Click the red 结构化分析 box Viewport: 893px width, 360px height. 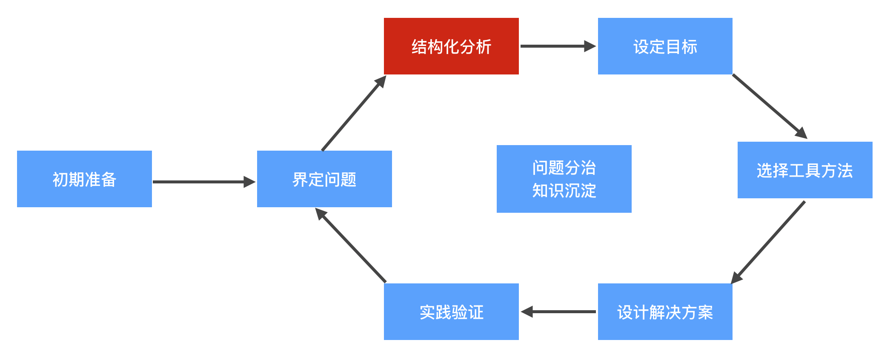point(451,46)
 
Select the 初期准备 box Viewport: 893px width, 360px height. point(84,179)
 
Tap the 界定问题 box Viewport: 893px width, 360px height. point(324,179)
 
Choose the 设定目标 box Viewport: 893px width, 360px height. point(665,46)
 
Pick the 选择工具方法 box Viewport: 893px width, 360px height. point(804,170)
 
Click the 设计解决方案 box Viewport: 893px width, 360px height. point(665,311)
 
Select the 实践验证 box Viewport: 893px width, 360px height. point(451,311)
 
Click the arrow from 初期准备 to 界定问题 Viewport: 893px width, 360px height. point(200,182)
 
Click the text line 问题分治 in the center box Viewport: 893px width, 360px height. point(564,168)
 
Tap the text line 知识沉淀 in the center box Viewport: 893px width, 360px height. point(564,191)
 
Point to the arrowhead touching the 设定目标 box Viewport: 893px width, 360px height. point(590,46)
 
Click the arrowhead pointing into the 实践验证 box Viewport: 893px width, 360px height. point(527,311)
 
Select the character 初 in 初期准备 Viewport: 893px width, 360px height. point(60,179)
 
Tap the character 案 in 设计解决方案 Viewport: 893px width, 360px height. point(705,312)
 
